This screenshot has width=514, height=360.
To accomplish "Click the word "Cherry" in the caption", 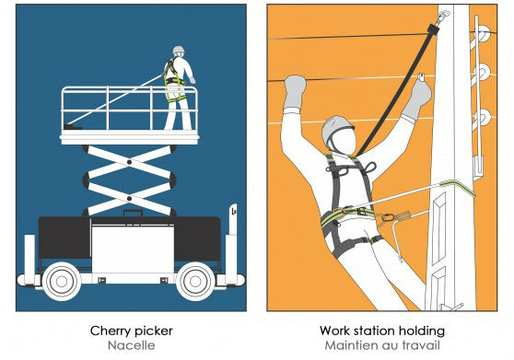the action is click(x=110, y=331).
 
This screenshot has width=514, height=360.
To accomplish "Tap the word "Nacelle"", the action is click(x=131, y=345).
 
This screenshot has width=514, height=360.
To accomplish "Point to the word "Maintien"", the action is click(x=348, y=345).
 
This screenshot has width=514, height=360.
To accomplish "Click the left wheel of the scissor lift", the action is click(x=62, y=281).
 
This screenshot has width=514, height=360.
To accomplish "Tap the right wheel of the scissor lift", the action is click(x=195, y=281).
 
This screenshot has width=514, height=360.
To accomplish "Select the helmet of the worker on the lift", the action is click(x=179, y=50).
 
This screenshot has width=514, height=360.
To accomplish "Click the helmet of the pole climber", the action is click(x=337, y=130).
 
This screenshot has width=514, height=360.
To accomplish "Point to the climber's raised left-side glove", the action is click(x=295, y=92).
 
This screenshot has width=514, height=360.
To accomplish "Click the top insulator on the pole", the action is click(x=482, y=33).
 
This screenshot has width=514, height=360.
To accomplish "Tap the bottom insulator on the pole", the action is click(x=483, y=117).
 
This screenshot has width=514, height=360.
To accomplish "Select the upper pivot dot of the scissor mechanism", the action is click(x=129, y=162).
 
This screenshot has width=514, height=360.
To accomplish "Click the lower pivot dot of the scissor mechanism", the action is click(x=129, y=199).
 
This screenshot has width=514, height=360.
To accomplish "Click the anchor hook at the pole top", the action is click(x=443, y=16).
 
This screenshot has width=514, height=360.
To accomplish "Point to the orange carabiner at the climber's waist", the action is click(x=388, y=217).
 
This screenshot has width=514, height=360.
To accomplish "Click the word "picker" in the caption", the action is click(x=153, y=331).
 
